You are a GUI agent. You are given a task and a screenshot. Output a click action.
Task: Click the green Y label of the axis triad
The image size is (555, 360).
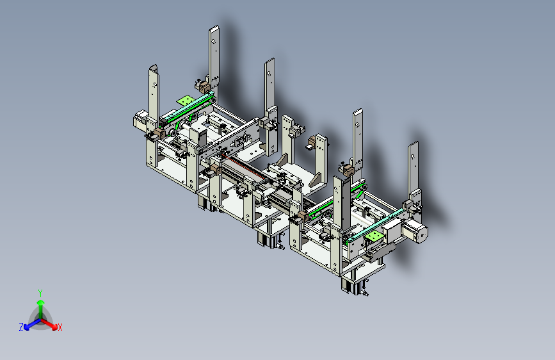coord(40,293)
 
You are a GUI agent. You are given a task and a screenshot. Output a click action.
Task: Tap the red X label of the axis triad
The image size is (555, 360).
coord(60,327)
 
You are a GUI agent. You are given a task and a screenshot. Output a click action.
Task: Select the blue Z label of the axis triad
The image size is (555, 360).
coord(21,327)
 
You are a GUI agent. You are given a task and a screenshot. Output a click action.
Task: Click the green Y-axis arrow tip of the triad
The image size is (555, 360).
coord(41,302)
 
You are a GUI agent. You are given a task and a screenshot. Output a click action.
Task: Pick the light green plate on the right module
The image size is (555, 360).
coord(374,235)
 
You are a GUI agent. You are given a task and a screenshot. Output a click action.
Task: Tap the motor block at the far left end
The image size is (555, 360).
coord(140,119)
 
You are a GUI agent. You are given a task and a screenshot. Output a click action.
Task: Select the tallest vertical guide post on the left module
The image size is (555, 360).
coord(214,57)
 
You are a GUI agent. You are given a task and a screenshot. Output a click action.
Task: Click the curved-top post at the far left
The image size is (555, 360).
coord(154,93)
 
